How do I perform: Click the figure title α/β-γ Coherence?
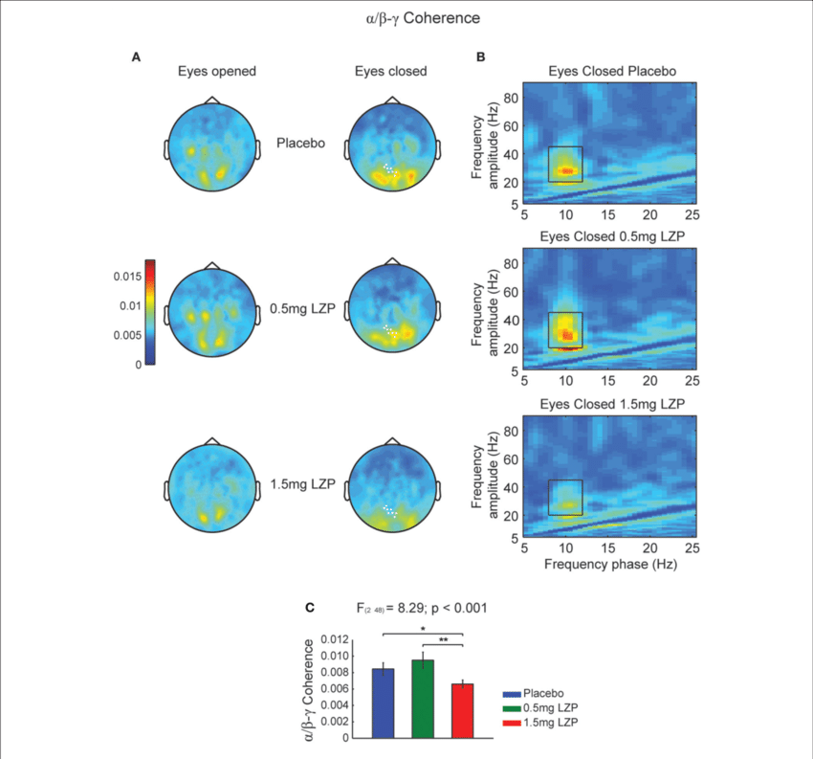[406, 18]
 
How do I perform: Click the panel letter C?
[308, 607]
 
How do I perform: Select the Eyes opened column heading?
[216, 71]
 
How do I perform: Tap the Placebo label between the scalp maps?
[300, 144]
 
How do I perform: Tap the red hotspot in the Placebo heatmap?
[567, 170]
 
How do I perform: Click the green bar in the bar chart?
[422, 699]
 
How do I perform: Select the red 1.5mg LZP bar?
[462, 710]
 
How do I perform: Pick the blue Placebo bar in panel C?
[383, 703]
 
